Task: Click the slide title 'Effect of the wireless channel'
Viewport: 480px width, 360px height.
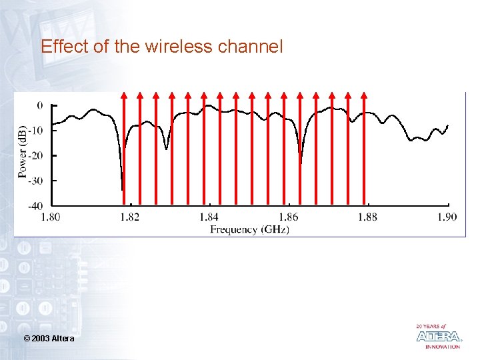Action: pyautogui.click(x=162, y=47)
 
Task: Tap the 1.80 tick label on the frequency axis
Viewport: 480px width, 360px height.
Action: pyautogui.click(x=51, y=217)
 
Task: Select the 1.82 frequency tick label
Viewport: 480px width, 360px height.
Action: pyautogui.click(x=130, y=217)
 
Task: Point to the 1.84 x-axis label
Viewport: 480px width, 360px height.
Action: pyautogui.click(x=209, y=217)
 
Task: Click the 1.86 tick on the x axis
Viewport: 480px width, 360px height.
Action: pyautogui.click(x=288, y=217)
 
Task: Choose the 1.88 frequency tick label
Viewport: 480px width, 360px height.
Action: pyautogui.click(x=367, y=217)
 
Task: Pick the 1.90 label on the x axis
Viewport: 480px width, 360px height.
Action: pyautogui.click(x=447, y=217)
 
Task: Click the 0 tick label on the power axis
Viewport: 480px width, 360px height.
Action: pyautogui.click(x=40, y=105)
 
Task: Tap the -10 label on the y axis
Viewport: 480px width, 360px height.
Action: pyautogui.click(x=36, y=130)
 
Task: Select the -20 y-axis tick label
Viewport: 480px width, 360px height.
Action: pyautogui.click(x=36, y=155)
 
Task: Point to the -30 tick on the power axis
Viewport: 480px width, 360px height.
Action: pyautogui.click(x=36, y=181)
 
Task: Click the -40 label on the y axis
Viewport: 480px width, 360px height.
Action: pyautogui.click(x=36, y=205)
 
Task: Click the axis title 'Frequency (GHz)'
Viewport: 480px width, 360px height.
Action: pyautogui.click(x=249, y=229)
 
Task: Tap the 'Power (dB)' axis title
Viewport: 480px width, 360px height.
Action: pyautogui.click(x=22, y=151)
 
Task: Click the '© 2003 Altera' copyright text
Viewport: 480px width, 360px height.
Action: pyautogui.click(x=49, y=339)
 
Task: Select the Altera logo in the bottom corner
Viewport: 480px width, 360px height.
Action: pyautogui.click(x=438, y=335)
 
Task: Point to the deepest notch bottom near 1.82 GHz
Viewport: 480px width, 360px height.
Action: pyautogui.click(x=122, y=189)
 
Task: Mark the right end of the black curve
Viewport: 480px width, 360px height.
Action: pyautogui.click(x=447, y=125)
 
